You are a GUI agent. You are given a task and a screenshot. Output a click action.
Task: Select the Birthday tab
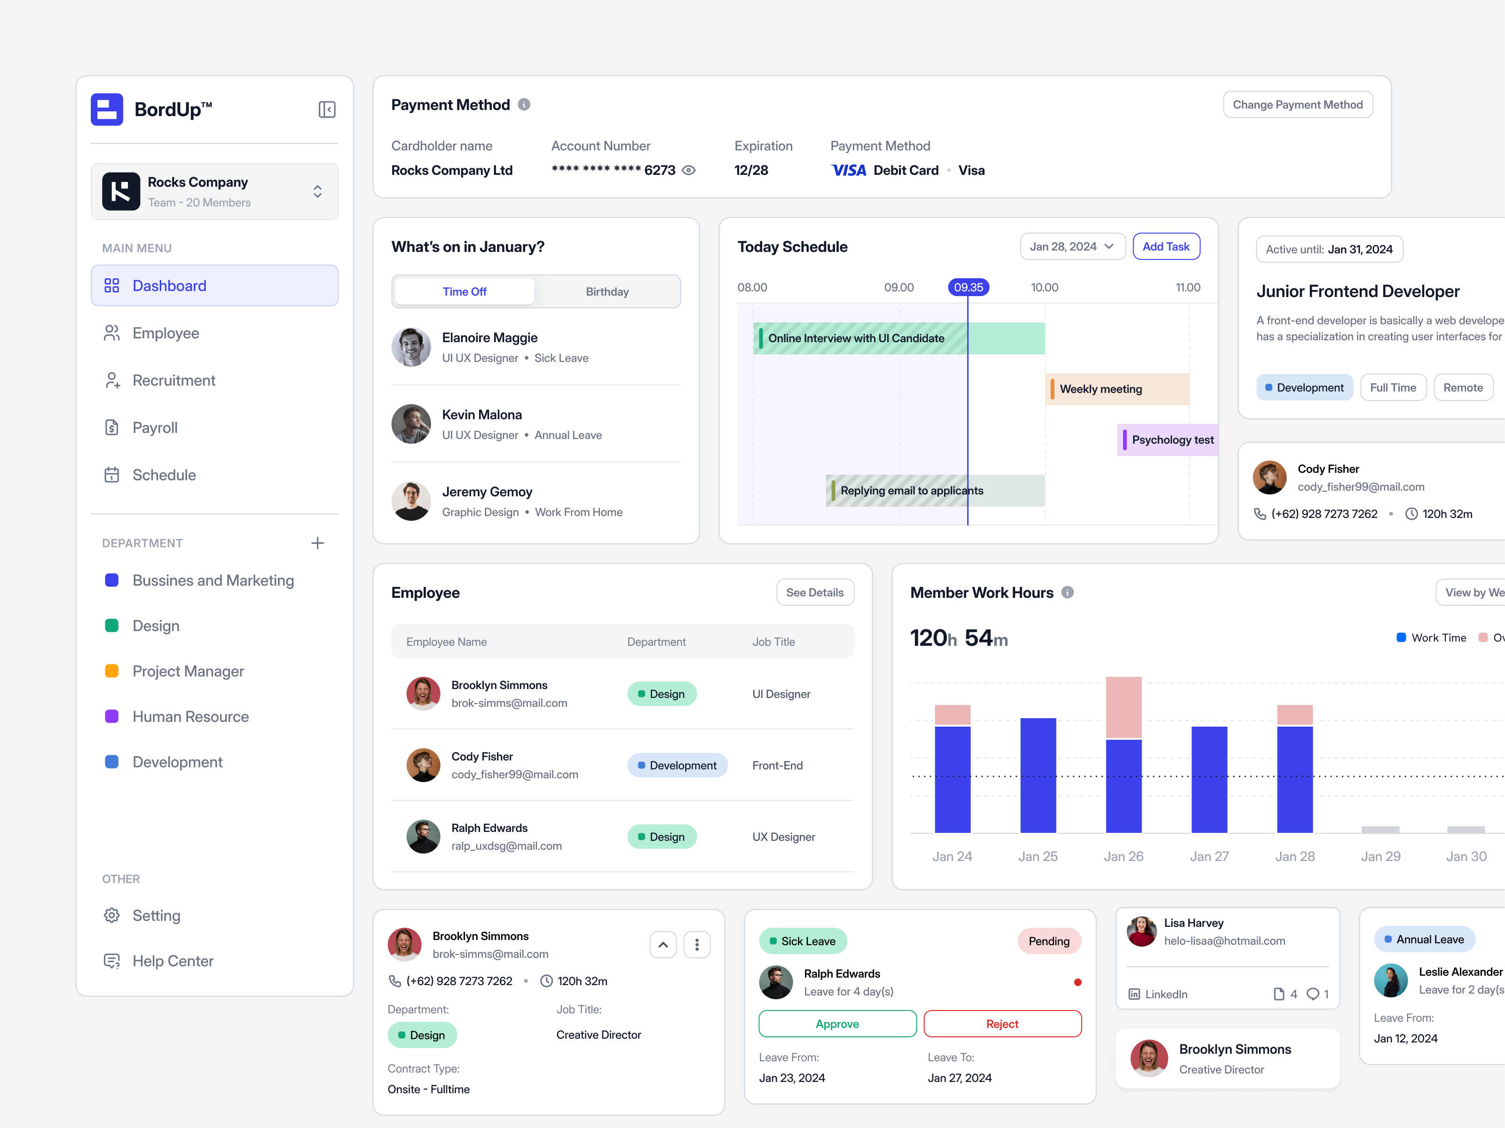[607, 292]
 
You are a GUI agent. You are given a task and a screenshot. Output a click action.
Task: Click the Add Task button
[1166, 246]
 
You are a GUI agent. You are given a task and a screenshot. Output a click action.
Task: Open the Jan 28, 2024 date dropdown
[1072, 246]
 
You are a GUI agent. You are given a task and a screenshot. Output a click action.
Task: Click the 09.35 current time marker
[968, 287]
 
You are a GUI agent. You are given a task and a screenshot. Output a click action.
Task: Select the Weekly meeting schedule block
[1117, 389]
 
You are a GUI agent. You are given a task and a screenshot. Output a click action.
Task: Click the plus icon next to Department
[317, 543]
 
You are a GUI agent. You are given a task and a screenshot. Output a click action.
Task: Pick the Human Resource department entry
[190, 716]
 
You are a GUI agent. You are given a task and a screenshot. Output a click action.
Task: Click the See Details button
[814, 593]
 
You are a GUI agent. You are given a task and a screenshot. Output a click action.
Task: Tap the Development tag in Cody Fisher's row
[677, 765]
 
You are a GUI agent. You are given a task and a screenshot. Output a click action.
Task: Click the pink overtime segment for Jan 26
[1123, 707]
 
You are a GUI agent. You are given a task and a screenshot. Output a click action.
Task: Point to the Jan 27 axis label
[1209, 856]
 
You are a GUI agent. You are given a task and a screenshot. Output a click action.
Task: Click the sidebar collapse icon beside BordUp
[327, 110]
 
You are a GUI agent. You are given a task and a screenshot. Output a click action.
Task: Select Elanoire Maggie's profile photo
[411, 347]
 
